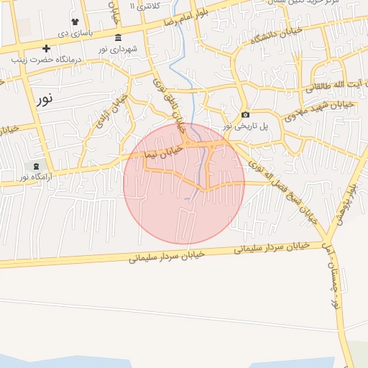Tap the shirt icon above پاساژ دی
[x=75, y=22]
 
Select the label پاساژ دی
[x=75, y=33]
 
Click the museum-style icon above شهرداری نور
[x=118, y=38]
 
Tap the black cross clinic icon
[x=47, y=49]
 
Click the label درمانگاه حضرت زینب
[x=45, y=60]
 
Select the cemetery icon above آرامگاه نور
[x=37, y=166]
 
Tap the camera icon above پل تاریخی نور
[x=245, y=115]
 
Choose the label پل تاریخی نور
[x=244, y=126]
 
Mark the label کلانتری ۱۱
[x=143, y=6]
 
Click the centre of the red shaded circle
[x=184, y=184]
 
